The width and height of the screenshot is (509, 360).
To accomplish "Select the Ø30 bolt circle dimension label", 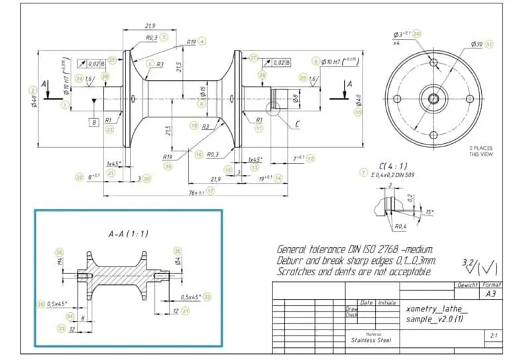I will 475,44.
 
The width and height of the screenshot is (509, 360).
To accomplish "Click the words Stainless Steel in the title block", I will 371,341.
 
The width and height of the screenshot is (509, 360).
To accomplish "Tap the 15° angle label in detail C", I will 429,212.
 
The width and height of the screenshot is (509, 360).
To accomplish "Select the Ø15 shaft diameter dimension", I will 203,90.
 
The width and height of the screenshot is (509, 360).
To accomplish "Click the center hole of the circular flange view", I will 433,98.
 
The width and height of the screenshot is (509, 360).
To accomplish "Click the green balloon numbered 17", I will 210,191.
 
